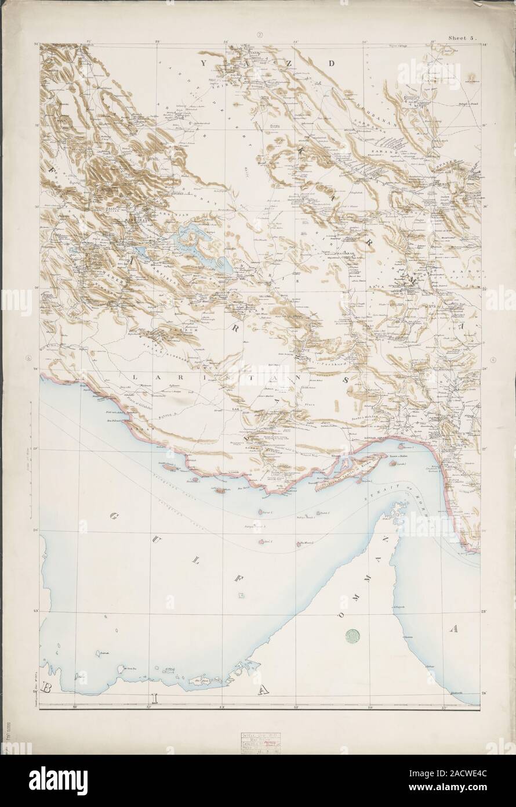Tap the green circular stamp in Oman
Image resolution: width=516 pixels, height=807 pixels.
tap(352, 637)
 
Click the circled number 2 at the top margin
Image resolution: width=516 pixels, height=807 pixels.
tap(260, 35)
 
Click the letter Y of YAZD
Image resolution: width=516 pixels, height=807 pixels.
tap(203, 60)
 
